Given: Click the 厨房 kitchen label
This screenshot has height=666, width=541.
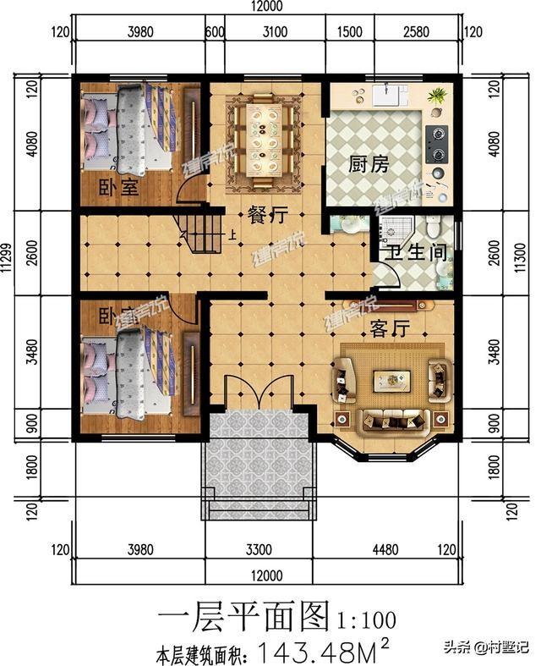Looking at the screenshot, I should tap(369, 163).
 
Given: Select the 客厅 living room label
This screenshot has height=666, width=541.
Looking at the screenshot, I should tap(390, 328).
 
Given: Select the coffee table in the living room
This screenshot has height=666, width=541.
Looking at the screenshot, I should tap(391, 381).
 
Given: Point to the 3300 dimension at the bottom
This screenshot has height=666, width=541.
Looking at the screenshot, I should tap(259, 550).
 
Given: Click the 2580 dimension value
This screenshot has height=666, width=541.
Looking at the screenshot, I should tap(416, 33).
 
